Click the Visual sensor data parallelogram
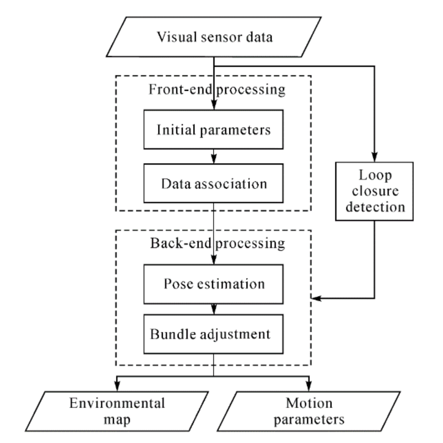click(x=214, y=37)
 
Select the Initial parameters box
click(x=214, y=130)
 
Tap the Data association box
click(x=214, y=184)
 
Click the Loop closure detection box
click(x=374, y=191)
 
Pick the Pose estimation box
click(x=214, y=284)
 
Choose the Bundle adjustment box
click(x=214, y=334)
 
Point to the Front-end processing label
click(x=217, y=90)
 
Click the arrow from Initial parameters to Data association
click(x=214, y=157)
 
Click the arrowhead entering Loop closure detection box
click(x=375, y=158)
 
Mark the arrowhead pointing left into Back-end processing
click(x=317, y=298)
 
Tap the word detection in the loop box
click(x=375, y=207)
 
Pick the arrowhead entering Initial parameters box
click(x=214, y=106)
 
